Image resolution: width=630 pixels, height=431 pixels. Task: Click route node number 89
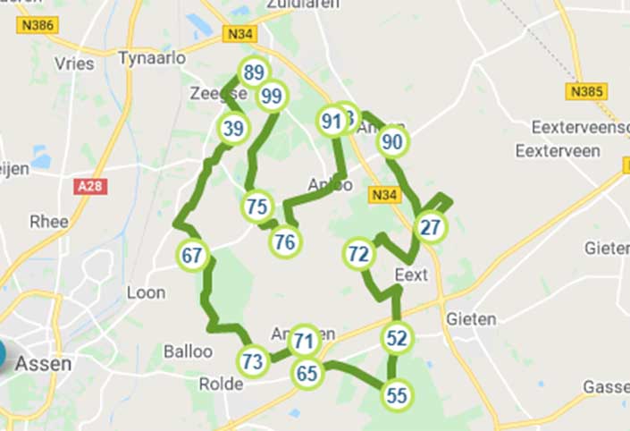coord(254,72)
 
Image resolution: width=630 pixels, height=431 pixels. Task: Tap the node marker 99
coord(272,96)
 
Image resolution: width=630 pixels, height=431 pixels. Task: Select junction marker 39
coord(232,129)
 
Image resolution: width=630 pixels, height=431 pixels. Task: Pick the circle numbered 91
coord(332,121)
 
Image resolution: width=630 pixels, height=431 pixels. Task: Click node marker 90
coord(392,141)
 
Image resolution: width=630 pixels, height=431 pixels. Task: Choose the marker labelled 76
coord(285,241)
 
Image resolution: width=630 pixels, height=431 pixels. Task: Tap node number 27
coord(431,227)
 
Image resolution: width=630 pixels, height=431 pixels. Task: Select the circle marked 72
coord(358,255)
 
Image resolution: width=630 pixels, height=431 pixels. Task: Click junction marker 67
coord(192,255)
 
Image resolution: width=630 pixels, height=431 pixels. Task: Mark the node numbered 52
coord(397,339)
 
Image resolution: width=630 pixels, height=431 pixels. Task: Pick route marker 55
coord(397,394)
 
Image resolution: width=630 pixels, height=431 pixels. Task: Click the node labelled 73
coord(253,361)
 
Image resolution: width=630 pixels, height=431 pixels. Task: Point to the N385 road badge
coord(587,91)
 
